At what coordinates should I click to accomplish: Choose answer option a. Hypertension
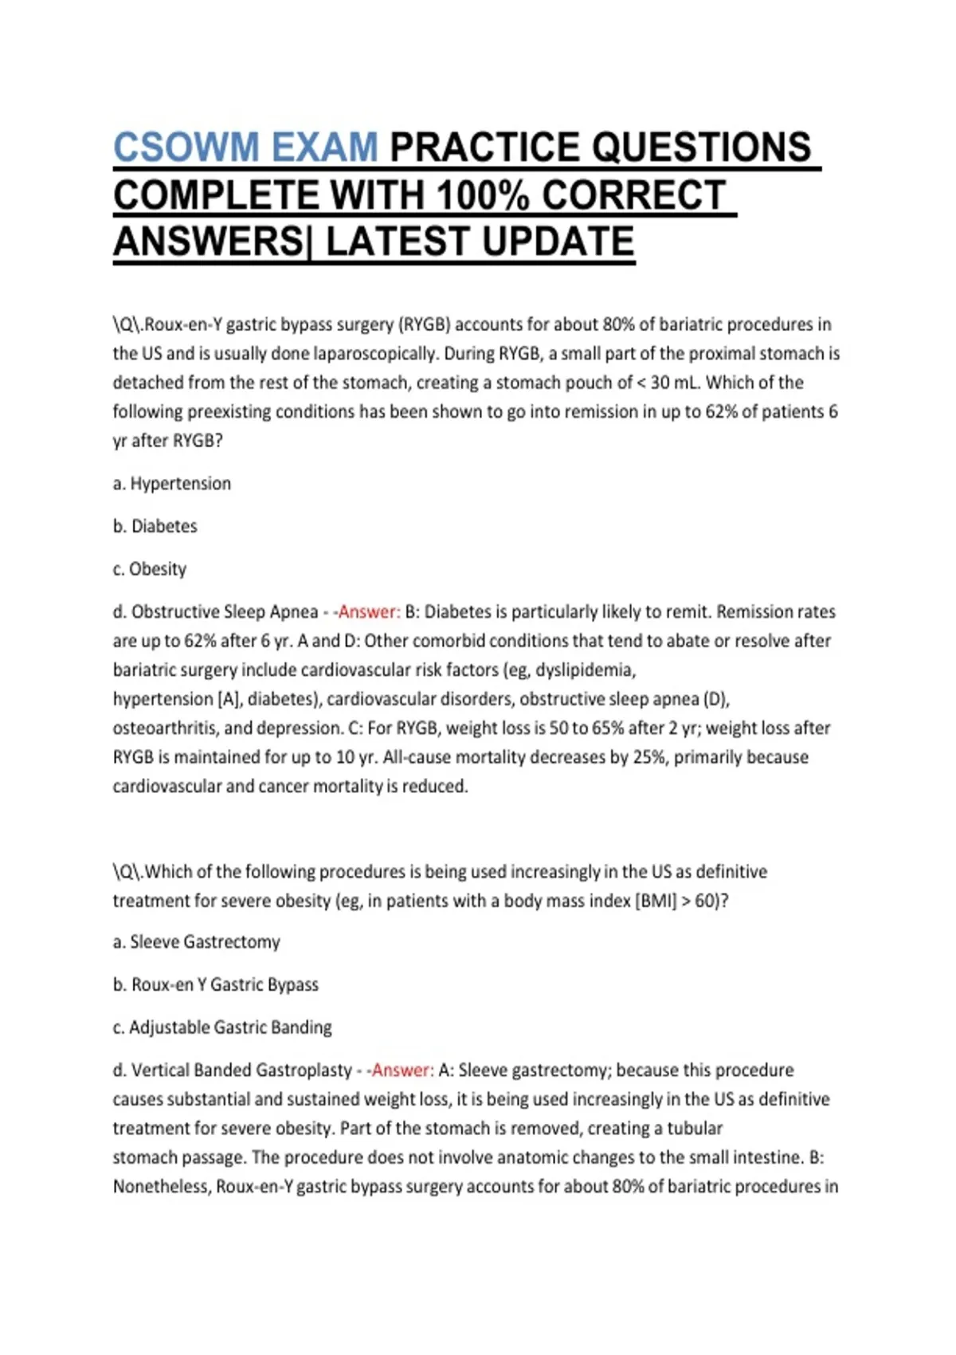172,484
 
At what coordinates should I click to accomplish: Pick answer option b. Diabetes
155,526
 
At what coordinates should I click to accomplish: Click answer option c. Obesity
150,569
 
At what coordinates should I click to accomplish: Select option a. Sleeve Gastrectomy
197,942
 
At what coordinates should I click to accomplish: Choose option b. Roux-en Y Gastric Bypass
216,985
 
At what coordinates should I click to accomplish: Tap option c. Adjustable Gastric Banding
222,1027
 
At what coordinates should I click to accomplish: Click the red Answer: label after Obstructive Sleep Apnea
369,612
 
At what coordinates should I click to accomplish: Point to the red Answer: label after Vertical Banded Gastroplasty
402,1070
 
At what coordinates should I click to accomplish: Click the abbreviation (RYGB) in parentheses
425,325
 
